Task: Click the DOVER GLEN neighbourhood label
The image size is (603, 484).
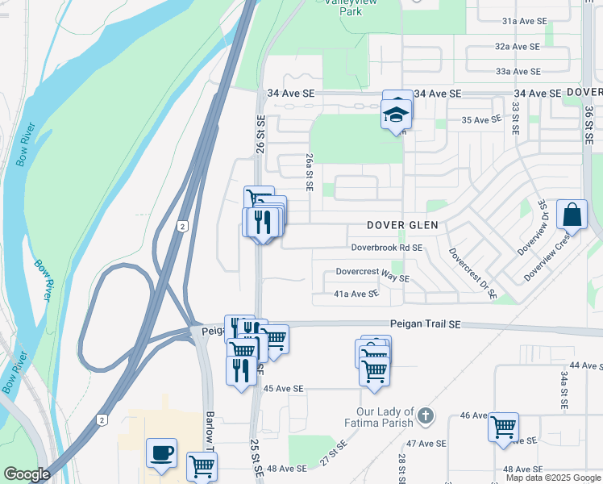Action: tap(401, 225)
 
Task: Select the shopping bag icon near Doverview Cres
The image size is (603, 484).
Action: tap(572, 215)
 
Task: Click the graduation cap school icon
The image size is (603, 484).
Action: tap(397, 115)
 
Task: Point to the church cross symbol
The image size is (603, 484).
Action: tap(426, 417)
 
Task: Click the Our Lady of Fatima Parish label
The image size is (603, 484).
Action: tap(376, 417)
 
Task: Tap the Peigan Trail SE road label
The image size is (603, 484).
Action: tap(424, 323)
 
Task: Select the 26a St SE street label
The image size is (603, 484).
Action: tap(309, 172)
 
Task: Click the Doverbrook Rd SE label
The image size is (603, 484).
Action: tap(386, 248)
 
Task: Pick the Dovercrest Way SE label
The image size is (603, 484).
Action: tap(373, 274)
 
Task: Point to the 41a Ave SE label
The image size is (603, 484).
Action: tap(356, 294)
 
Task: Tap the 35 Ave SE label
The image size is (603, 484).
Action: tap(481, 120)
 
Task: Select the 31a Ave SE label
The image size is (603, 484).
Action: tap(524, 21)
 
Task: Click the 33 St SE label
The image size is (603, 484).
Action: tap(515, 116)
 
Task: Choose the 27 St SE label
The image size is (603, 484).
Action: tap(335, 453)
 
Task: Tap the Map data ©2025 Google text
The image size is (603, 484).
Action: tap(553, 478)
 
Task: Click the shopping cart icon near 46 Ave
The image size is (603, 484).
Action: tap(504, 428)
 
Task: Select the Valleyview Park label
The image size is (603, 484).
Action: tap(351, 7)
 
